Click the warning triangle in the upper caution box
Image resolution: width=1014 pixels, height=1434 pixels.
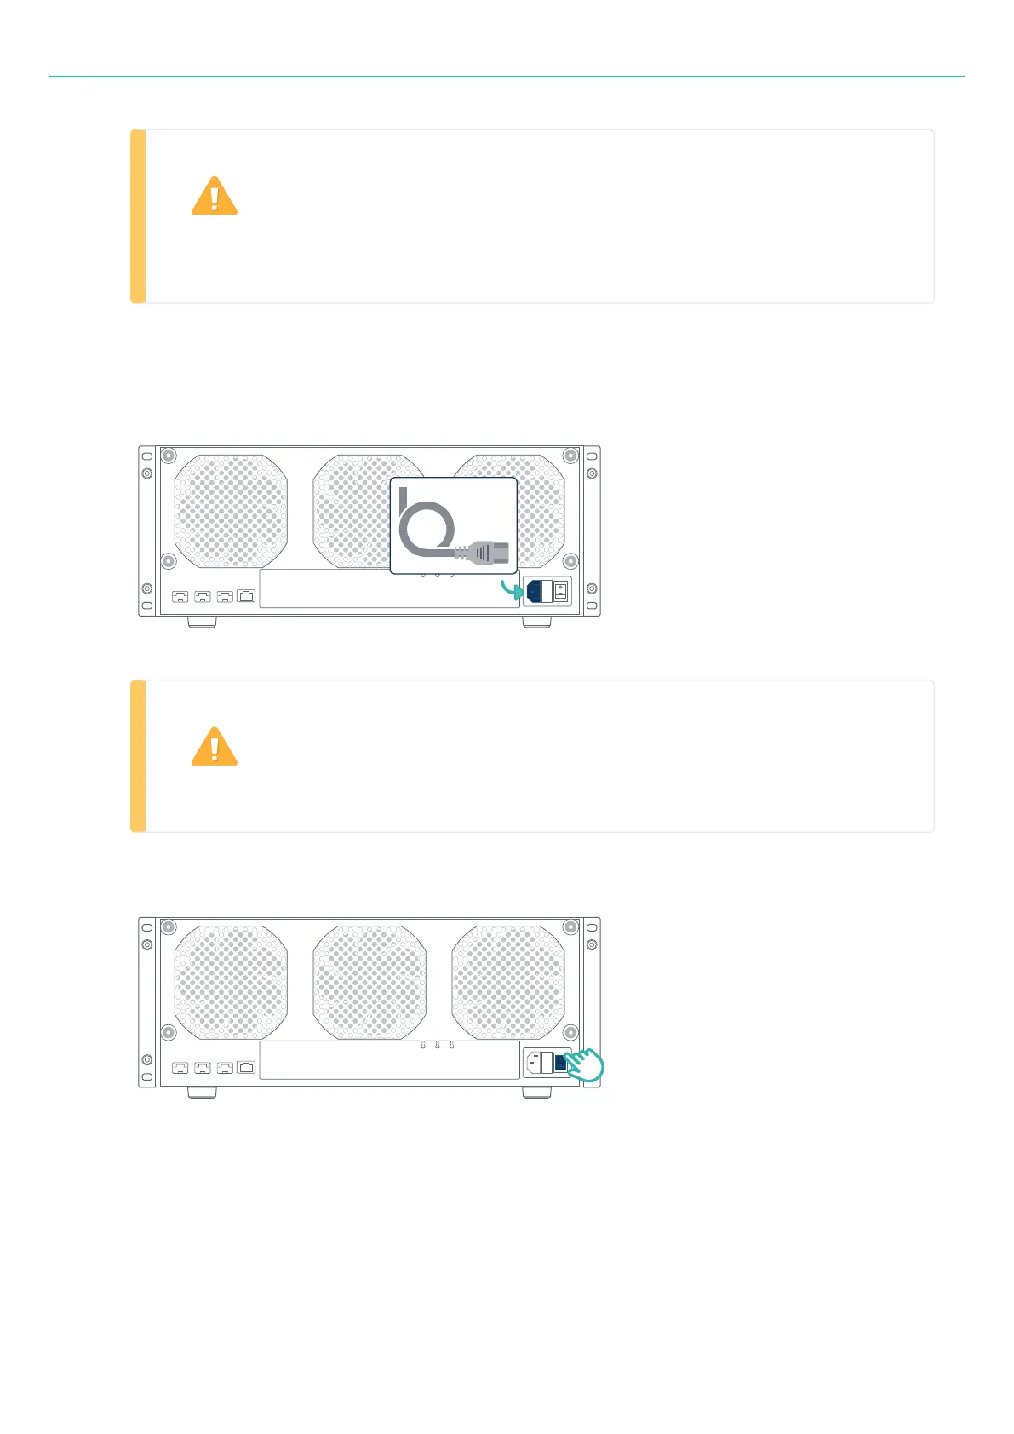click(x=214, y=197)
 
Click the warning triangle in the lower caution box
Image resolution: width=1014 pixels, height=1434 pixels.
click(x=214, y=747)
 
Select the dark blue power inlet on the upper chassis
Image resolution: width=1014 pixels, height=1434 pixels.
click(x=533, y=591)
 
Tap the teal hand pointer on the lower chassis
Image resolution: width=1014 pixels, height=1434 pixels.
click(x=585, y=1065)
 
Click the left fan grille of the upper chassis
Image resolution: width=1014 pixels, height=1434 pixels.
click(x=231, y=511)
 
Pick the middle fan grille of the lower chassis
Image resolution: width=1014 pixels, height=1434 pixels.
click(x=370, y=982)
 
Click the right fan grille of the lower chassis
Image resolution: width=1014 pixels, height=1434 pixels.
click(x=508, y=982)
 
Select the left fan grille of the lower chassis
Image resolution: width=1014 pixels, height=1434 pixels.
click(x=231, y=982)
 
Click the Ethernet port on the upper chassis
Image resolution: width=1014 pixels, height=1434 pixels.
click(x=247, y=596)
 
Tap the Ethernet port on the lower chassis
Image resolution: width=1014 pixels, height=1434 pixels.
click(x=247, y=1067)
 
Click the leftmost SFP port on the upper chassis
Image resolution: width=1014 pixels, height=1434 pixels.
click(x=180, y=596)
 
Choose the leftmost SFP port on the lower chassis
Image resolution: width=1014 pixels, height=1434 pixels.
click(x=180, y=1067)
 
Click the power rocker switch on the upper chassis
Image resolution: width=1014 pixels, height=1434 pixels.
click(x=560, y=591)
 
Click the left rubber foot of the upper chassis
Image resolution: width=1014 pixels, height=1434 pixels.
click(x=202, y=622)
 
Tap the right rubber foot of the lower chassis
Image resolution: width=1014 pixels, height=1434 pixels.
click(x=536, y=1093)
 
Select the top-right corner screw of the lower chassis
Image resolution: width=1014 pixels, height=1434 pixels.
click(x=570, y=926)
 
